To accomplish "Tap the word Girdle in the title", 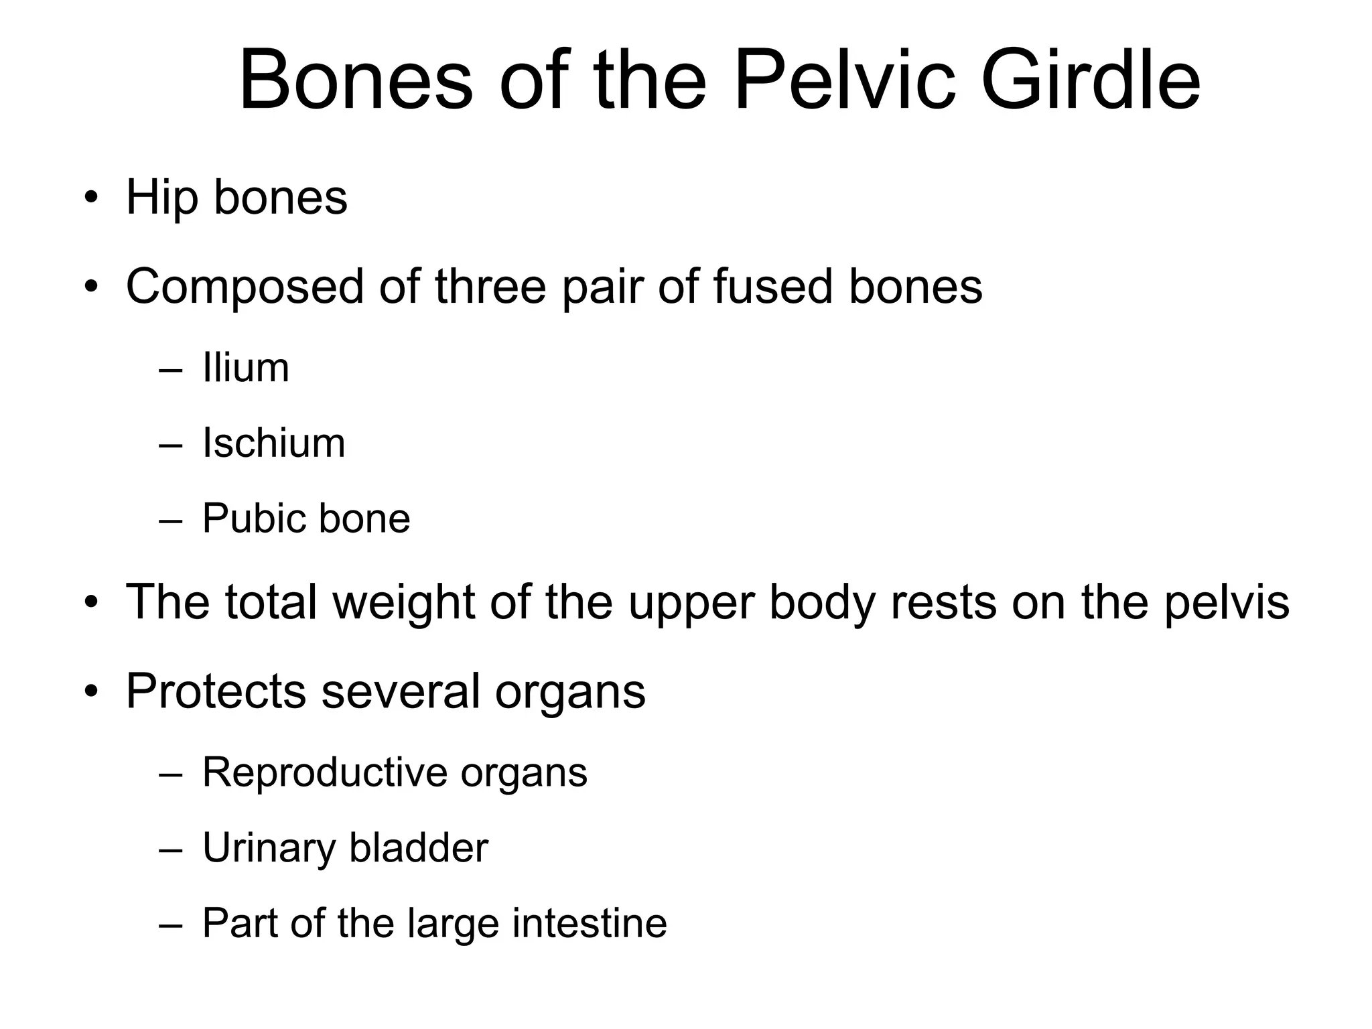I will pyautogui.click(x=1090, y=80).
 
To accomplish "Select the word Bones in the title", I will pyautogui.click(x=356, y=80).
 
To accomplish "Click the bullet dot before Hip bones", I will pyautogui.click(x=91, y=198).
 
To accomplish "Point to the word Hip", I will pyautogui.click(x=161, y=198).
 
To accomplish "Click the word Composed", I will pyautogui.click(x=245, y=287).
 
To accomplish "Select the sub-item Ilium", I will pyautogui.click(x=246, y=368).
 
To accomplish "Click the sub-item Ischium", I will pyautogui.click(x=274, y=443).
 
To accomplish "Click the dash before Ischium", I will pyautogui.click(x=171, y=444).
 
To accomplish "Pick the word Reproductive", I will pyautogui.click(x=324, y=772).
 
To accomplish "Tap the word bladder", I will pyautogui.click(x=419, y=848).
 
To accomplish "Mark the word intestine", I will pyautogui.click(x=590, y=923).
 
